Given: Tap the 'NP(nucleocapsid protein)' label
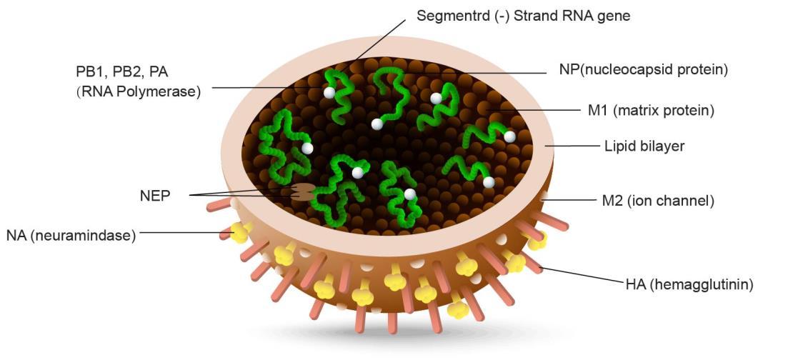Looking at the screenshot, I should point(644,70).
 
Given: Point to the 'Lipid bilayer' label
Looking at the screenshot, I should point(645,146).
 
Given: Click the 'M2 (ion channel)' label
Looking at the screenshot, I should point(658,201).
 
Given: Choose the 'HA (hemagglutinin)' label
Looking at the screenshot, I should point(689,284).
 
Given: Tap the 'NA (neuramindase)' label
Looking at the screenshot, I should point(71,235).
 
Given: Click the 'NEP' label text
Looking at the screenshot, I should point(155,195).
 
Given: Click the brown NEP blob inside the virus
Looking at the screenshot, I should point(303,192).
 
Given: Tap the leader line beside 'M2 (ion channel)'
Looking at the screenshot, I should point(572,200).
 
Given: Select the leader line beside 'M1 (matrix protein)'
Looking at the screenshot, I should point(543,111).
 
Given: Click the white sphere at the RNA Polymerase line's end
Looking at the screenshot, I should point(329,93).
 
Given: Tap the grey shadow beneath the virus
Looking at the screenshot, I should point(400,336).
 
